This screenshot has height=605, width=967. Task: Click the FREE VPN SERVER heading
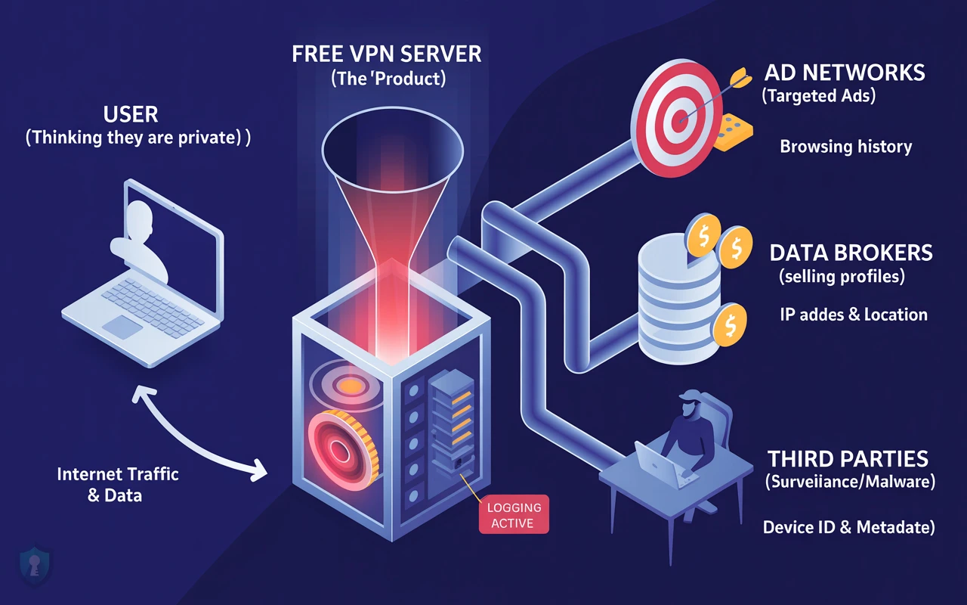point(386,54)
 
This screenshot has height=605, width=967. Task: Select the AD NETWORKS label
point(844,73)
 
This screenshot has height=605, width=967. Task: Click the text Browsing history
point(845,147)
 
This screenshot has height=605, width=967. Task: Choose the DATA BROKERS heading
point(851,253)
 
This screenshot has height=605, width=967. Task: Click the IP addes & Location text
point(853,314)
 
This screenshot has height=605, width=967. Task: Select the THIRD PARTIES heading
point(848,458)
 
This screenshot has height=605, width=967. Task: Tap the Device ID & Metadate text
point(848,527)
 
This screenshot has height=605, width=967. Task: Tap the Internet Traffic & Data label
point(118,485)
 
